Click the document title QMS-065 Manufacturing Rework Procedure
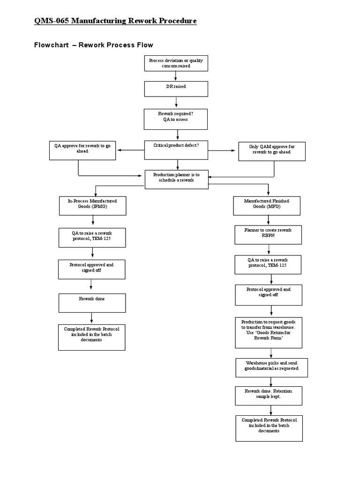tap(115, 21)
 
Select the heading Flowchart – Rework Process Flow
tap(94, 45)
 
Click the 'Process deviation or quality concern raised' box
tap(176, 63)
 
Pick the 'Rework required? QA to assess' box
tap(176, 119)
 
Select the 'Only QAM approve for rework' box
tap(272, 151)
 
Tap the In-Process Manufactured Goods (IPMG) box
tap(92, 206)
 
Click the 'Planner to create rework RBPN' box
tap(268, 235)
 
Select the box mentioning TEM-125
tap(92, 238)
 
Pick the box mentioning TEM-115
tap(268, 265)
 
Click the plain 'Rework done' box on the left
tap(92, 303)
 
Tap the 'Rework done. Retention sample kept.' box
tap(269, 396)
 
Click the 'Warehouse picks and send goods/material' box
tap(269, 368)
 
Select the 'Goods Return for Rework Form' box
tap(269, 332)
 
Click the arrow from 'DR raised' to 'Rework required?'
tap(176, 102)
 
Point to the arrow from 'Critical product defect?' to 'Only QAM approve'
tap(222, 150)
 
